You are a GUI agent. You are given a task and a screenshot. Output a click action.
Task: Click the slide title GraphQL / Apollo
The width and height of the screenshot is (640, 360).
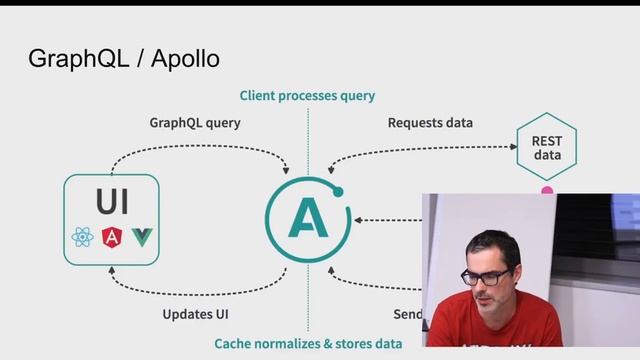click(124, 58)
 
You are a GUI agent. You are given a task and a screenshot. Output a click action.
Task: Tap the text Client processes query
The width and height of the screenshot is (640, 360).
click(307, 96)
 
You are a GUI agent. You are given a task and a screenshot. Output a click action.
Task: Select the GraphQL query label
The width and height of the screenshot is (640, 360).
click(195, 123)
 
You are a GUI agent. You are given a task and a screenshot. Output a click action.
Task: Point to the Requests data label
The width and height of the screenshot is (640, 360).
click(430, 123)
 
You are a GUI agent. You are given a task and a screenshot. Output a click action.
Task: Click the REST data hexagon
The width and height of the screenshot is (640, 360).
click(547, 148)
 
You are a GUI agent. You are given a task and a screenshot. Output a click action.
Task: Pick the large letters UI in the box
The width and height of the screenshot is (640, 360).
click(112, 201)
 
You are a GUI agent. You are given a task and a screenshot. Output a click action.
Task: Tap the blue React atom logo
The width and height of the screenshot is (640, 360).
click(82, 238)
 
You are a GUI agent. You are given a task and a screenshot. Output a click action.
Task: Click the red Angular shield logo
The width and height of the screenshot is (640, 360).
click(112, 238)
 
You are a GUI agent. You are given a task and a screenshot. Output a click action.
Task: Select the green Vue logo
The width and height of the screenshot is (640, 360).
click(142, 238)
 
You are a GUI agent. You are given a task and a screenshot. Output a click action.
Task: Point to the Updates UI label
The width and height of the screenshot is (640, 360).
click(195, 314)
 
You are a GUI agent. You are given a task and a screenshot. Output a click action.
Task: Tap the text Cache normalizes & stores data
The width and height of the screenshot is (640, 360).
click(308, 343)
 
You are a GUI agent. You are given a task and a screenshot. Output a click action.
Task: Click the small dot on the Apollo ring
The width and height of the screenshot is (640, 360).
click(338, 191)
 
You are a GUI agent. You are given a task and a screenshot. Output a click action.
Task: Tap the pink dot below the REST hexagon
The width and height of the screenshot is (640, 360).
click(547, 190)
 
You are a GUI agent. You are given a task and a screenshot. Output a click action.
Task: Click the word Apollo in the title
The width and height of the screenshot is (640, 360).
click(185, 58)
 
